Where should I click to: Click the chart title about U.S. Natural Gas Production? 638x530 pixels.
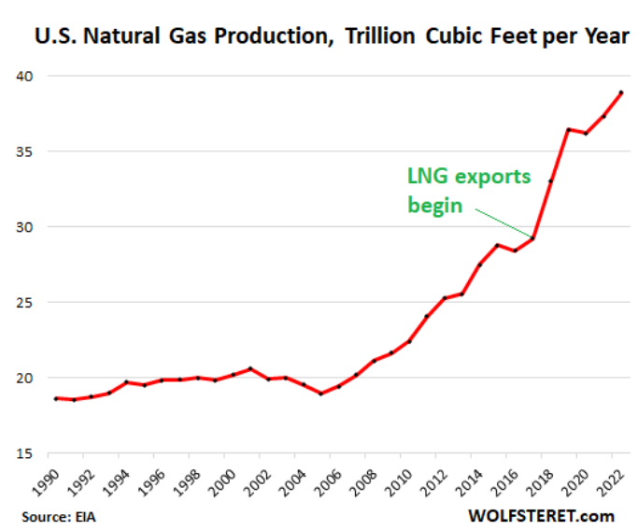point(331,38)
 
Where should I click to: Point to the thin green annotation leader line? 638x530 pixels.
point(504,223)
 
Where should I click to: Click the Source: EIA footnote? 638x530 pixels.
point(60,515)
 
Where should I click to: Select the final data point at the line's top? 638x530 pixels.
point(621,93)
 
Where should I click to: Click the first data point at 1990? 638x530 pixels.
point(56,398)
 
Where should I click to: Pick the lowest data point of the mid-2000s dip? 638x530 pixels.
point(320,394)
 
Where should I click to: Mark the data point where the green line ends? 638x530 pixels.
point(532,238)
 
